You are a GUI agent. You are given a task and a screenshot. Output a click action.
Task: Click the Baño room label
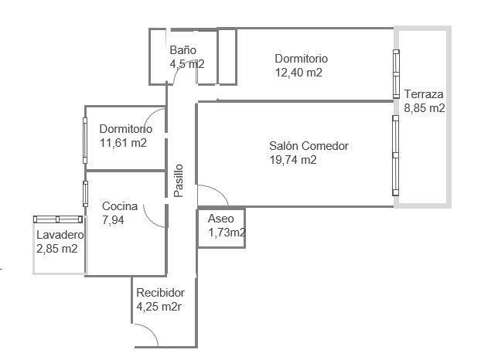tap(183, 50)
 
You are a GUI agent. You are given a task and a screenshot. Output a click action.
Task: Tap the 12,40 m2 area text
tap(298, 73)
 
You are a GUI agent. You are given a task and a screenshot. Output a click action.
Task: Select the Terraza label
tap(423, 94)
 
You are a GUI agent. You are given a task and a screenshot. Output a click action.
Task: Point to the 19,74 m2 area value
tap(292, 160)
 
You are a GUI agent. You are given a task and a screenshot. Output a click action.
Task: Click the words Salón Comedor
tap(309, 146)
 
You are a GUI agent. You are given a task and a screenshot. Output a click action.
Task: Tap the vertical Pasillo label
tap(179, 181)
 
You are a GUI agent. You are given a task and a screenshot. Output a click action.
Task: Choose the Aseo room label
tap(220, 219)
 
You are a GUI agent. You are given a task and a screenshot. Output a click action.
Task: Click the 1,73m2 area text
tap(227, 233)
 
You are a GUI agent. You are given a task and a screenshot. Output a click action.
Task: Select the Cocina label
tap(120, 206)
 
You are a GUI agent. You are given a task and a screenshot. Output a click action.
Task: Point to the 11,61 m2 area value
tap(123, 143)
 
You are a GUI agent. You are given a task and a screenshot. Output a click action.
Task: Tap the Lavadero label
tap(60, 235)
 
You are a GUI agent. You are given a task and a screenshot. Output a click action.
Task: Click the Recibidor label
tap(160, 293)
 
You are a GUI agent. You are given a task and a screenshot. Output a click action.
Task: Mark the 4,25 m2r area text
tap(159, 307)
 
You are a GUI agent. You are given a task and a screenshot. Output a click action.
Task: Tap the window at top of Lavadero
tap(58, 219)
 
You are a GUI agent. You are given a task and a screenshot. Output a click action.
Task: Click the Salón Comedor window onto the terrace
tap(396, 155)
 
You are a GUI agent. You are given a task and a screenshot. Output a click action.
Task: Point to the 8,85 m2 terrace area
tap(425, 108)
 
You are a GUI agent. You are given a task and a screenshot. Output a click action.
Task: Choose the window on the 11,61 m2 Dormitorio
tap(85, 141)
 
